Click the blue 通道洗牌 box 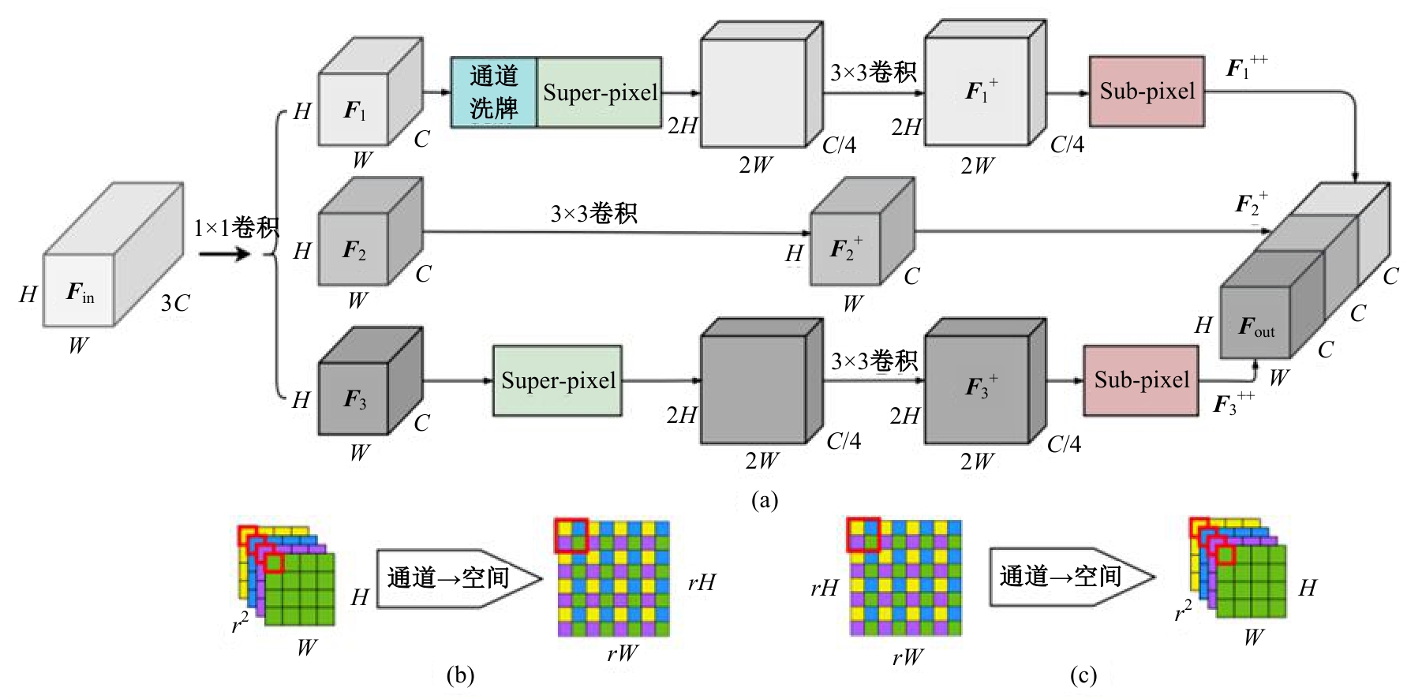point(493,92)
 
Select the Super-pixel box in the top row point(600,92)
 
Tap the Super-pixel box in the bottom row point(558,380)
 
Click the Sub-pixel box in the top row point(1147,92)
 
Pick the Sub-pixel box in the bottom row point(1141,380)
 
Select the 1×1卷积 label point(236,228)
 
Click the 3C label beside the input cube point(175,303)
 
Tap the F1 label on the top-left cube point(354,111)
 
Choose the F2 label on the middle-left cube point(354,251)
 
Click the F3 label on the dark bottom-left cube point(354,399)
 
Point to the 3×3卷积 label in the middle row point(593,213)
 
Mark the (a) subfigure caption point(765,499)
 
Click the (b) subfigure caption point(460,675)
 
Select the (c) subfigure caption point(1083,675)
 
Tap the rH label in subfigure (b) point(701,582)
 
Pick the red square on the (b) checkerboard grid point(571,535)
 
